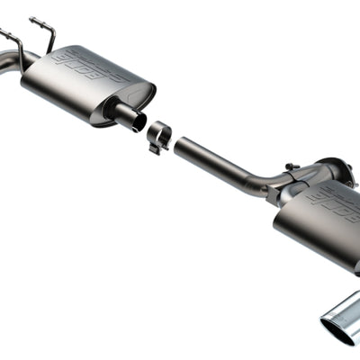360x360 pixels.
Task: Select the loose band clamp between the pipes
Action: coord(159,134)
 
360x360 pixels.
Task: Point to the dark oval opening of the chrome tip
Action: coord(337,329)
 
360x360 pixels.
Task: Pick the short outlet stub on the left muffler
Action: coord(126,116)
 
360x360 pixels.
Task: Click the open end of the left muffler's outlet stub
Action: coord(139,121)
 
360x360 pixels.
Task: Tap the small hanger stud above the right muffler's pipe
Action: coord(290,166)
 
